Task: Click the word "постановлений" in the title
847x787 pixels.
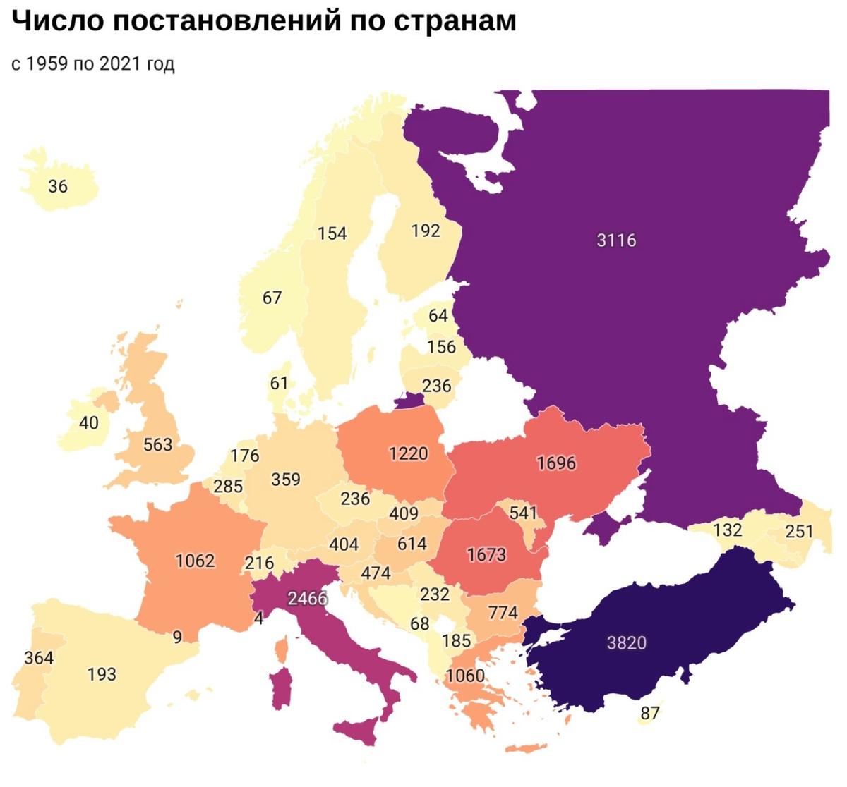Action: pos(222,21)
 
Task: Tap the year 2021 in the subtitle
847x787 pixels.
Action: pos(120,63)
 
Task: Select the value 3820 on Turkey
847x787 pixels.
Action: pos(626,642)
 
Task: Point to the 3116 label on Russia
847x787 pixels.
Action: pos(616,240)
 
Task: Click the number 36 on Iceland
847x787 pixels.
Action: pos(58,186)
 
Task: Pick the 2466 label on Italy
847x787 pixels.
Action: pos(308,599)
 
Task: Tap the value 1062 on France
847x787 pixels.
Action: pos(195,561)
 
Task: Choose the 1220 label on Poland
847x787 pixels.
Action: pos(409,453)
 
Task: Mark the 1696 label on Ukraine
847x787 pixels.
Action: pos(556,463)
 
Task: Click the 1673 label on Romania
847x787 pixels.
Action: pos(486,555)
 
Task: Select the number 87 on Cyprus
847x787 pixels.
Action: pos(649,713)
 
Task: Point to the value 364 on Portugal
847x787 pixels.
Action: pos(39,658)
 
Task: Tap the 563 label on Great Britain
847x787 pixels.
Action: pos(157,444)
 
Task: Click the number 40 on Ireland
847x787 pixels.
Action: pos(89,423)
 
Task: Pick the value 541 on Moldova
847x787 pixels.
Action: pos(523,513)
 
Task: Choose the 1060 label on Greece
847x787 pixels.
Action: pos(465,676)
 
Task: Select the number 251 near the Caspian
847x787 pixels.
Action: pos(799,532)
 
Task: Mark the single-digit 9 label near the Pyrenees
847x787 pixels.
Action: pos(177,637)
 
